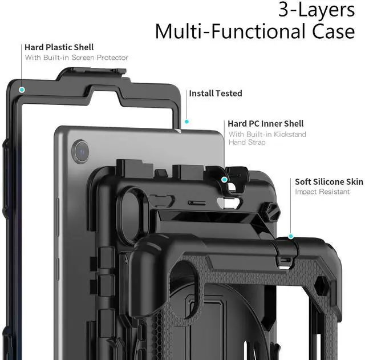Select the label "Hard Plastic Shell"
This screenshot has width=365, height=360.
click(59, 47)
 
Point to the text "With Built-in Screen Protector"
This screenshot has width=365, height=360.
click(76, 58)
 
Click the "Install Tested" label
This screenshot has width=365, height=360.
click(216, 93)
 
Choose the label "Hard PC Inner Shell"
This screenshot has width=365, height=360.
click(265, 123)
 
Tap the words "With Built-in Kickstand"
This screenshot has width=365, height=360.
click(267, 134)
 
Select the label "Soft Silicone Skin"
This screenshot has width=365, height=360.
click(328, 182)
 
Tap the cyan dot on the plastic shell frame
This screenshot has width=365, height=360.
click(22, 90)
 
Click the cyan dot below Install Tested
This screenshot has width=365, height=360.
click(186, 122)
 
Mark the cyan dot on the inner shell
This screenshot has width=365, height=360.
click(224, 180)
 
